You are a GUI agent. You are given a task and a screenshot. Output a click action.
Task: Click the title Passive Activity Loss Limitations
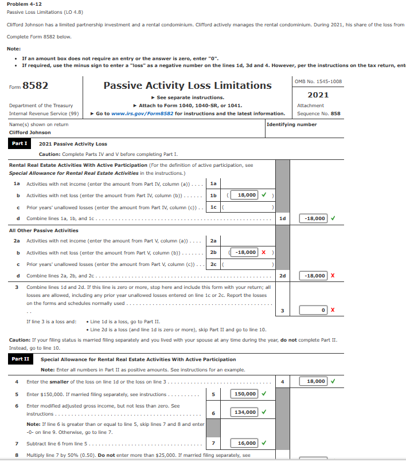188,85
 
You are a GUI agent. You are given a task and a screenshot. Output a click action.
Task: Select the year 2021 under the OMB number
318,95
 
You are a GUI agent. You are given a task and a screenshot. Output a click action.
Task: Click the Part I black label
20,143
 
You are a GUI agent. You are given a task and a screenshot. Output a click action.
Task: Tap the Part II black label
20,359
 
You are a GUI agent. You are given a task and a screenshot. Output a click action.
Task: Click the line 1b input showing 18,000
247,195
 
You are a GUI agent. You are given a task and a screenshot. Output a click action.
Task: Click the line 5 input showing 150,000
245,394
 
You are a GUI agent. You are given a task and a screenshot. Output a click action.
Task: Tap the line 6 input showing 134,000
245,412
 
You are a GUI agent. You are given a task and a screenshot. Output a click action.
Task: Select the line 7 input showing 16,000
245,443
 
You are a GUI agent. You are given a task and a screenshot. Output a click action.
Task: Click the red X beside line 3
333,310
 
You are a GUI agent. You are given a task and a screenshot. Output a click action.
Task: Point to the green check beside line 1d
333,218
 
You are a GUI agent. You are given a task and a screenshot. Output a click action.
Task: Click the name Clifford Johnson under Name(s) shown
30,132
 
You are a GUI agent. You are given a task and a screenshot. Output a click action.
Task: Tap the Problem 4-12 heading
24,4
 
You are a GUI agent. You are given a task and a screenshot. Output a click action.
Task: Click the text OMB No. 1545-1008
318,81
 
